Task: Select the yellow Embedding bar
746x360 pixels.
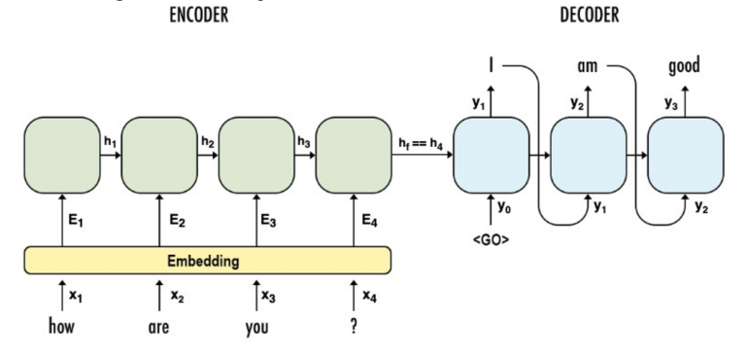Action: [x=207, y=260]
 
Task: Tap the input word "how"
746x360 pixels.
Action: [x=62, y=327]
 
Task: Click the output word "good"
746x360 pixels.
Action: [x=685, y=67]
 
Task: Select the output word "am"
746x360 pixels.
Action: [x=587, y=67]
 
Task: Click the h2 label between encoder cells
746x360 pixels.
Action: [x=207, y=141]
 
